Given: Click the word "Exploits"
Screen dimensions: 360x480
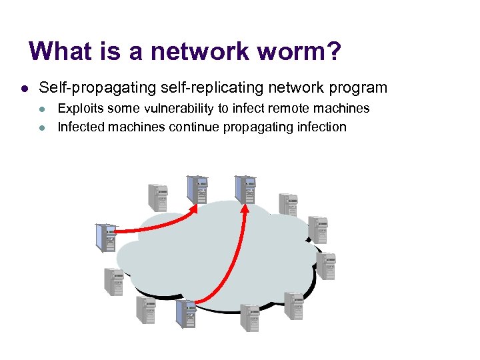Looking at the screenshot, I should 80,109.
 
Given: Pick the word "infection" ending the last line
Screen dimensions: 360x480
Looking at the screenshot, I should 322,127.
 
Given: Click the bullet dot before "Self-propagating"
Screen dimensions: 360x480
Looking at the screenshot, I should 23,88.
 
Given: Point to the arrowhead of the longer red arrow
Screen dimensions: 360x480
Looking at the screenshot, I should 245,208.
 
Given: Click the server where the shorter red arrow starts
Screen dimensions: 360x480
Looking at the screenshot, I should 105,237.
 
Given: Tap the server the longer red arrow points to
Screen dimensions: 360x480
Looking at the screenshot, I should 245,189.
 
